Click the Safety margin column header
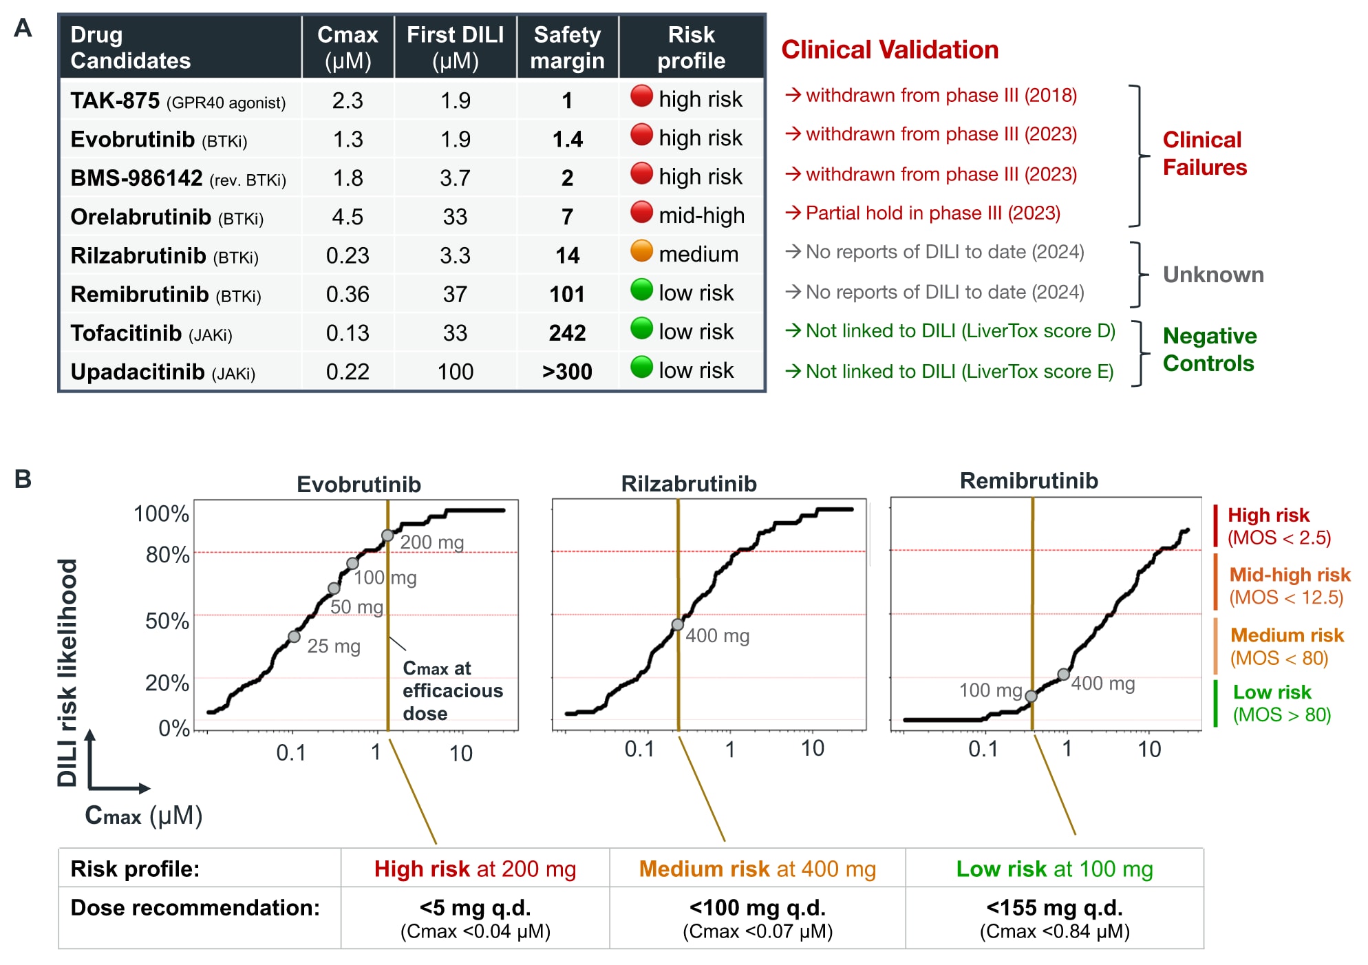coord(567,47)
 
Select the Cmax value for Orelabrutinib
coord(348,217)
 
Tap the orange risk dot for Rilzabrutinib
coord(641,251)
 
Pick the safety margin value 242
coord(567,333)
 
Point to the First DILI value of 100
coord(455,372)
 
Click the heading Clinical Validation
coord(890,50)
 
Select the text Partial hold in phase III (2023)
coord(932,213)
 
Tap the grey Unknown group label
coord(1213,275)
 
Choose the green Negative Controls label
coord(1209,350)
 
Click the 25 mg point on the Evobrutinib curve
coord(294,637)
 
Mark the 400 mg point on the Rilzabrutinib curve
coord(678,625)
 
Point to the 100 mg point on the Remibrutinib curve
coord(1031,697)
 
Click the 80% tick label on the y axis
coord(167,555)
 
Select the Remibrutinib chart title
coord(1029,480)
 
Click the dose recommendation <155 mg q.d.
coord(1054,908)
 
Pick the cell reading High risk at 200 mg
coord(475,869)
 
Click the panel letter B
coord(23,479)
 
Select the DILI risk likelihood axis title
coord(67,672)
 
